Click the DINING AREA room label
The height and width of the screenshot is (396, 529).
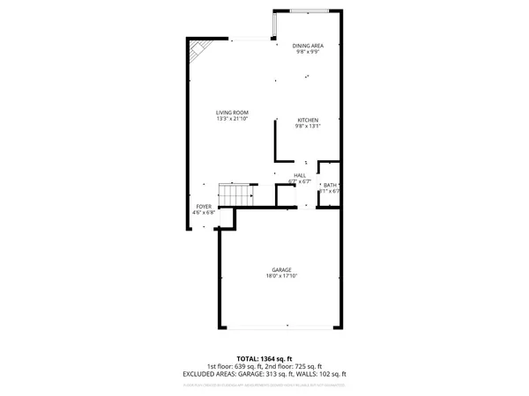pyautogui.click(x=308, y=46)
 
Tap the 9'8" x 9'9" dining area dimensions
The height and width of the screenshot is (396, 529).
pyautogui.click(x=308, y=52)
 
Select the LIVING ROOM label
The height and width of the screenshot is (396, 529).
pyautogui.click(x=234, y=113)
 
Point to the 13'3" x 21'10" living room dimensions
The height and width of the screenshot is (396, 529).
pyautogui.click(x=234, y=119)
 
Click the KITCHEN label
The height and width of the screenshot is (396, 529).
pyautogui.click(x=308, y=120)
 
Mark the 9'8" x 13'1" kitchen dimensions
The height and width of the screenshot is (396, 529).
pyautogui.click(x=308, y=126)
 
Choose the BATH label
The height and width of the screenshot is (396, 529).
pyautogui.click(x=330, y=184)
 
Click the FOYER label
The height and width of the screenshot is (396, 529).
pyautogui.click(x=204, y=207)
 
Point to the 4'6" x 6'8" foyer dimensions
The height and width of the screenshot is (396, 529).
pyautogui.click(x=204, y=213)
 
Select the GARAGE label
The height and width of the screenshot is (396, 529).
pyautogui.click(x=282, y=269)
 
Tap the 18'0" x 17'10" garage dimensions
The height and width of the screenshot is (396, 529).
pyautogui.click(x=282, y=275)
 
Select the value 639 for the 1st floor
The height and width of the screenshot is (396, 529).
pyautogui.click(x=249, y=366)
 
